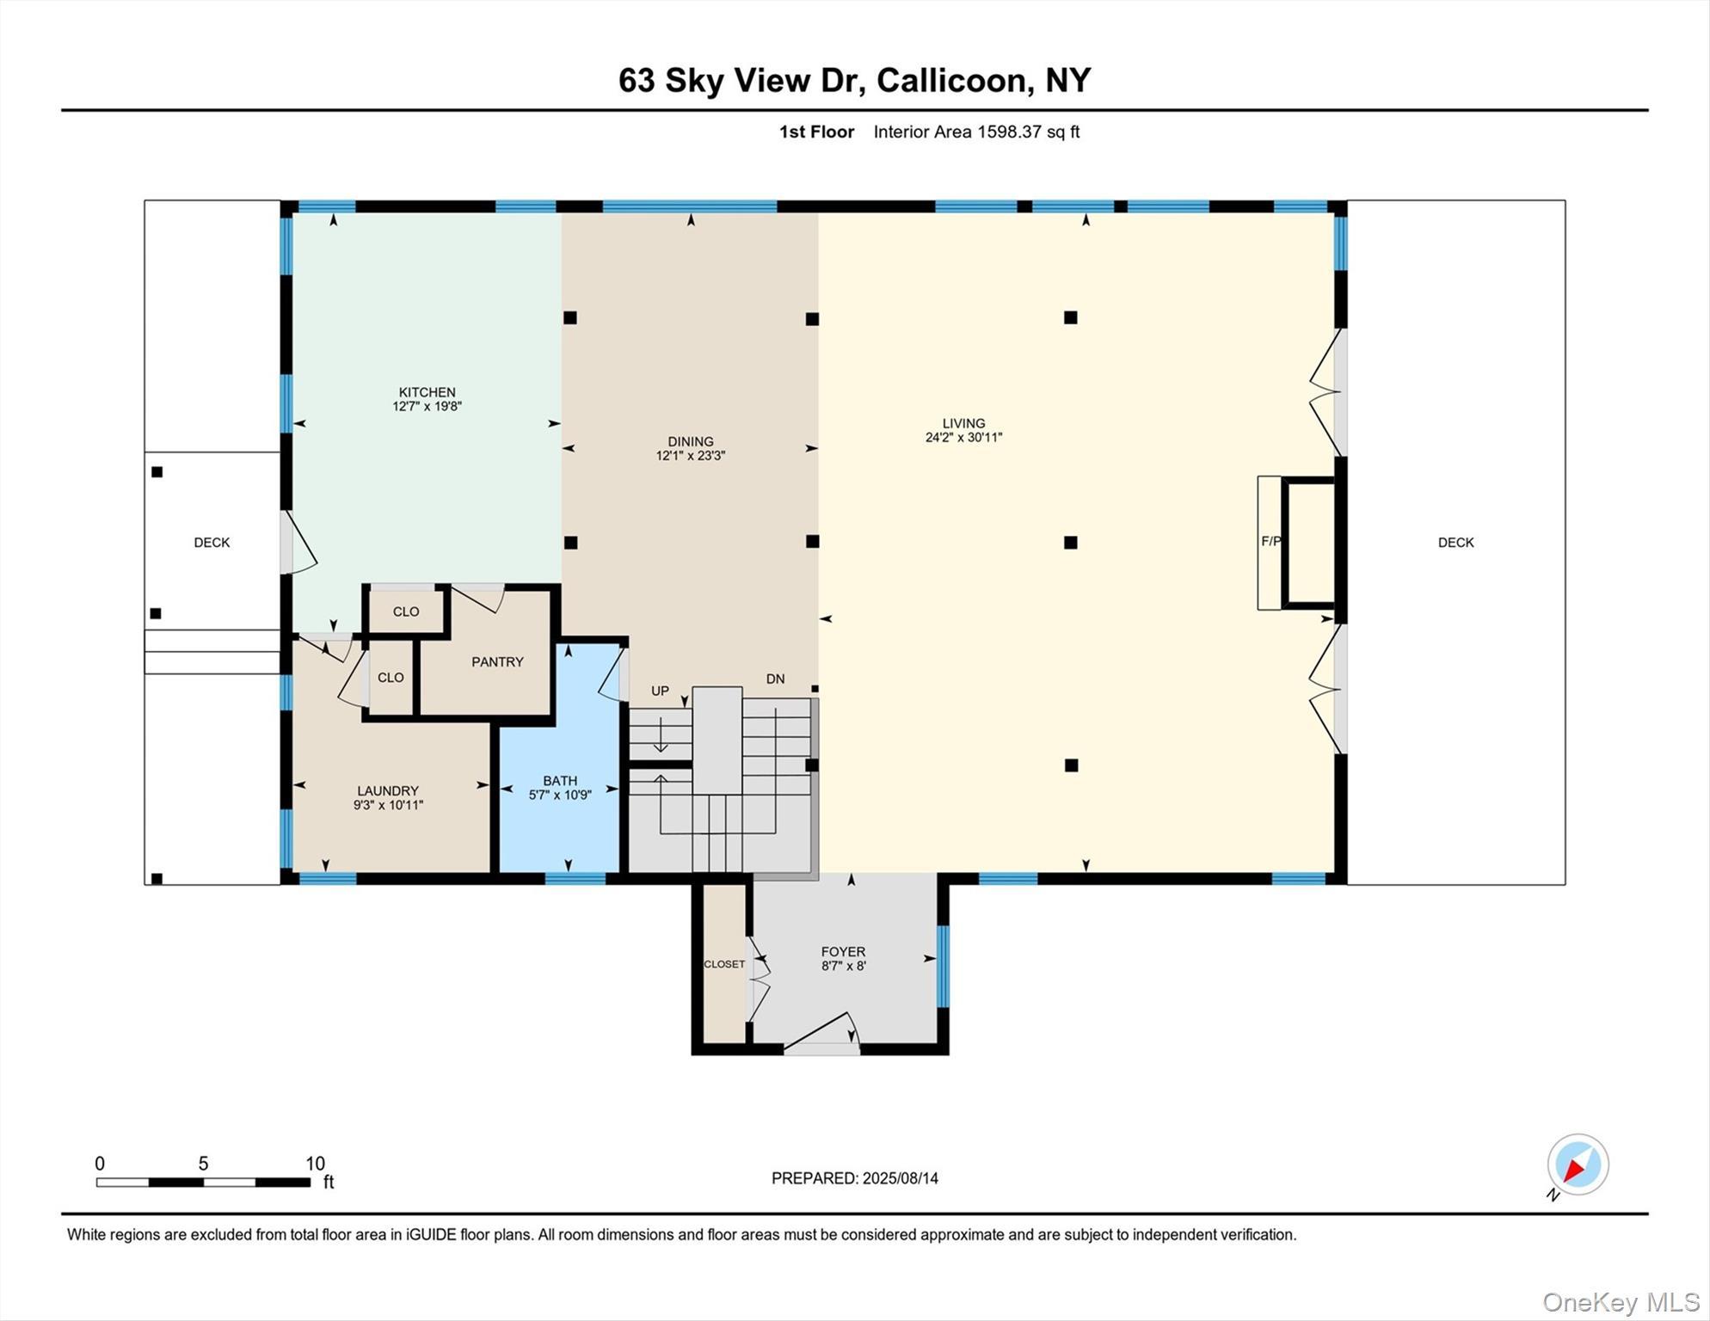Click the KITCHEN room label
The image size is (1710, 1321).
pos(427,392)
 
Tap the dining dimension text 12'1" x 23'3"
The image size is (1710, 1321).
pos(690,456)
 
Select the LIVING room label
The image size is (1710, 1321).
pos(963,423)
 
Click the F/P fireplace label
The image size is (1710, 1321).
pos(1270,541)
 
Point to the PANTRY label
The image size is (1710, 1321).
pos(497,661)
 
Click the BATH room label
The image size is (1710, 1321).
pos(559,781)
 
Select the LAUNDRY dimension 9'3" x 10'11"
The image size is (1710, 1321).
pos(388,805)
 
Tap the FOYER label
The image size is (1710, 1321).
pos(842,951)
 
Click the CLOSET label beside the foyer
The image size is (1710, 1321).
pos(723,964)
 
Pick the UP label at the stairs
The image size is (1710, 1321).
pos(660,691)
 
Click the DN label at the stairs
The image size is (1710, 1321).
pos(775,679)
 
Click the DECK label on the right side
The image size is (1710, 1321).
pos(1455,542)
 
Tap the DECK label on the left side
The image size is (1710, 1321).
pos(212,542)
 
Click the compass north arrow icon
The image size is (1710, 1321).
pos(1577,1164)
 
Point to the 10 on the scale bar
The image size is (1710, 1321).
pos(315,1164)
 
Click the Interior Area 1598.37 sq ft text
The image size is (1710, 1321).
pos(976,132)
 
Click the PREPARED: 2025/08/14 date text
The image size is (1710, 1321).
pos(854,1178)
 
